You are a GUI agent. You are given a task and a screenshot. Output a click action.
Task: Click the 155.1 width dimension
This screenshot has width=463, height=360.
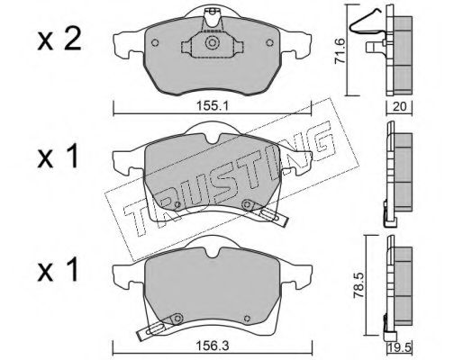213,106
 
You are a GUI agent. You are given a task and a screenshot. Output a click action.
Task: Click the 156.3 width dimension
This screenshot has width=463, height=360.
213,346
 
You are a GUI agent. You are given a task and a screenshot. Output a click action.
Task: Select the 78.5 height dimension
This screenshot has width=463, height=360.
359,285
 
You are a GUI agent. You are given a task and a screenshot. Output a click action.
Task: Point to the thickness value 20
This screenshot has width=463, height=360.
399,106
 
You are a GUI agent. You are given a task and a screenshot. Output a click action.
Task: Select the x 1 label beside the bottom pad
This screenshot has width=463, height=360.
58,271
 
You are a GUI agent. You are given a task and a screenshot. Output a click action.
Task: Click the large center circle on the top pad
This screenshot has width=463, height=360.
212,42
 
